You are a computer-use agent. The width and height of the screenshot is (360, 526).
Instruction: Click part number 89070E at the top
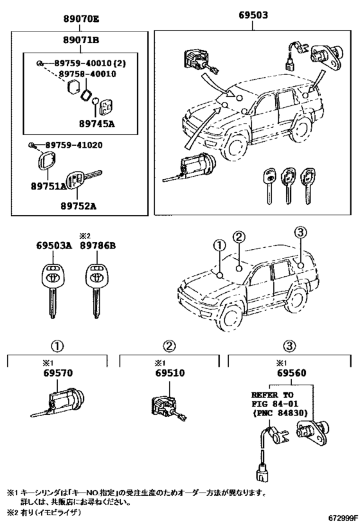[x=81, y=19]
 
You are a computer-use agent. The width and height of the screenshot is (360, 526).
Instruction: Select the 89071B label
[x=81, y=40]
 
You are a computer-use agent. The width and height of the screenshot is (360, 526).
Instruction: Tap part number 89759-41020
[x=74, y=145]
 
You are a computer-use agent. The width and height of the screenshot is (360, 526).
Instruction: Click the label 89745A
[x=96, y=124]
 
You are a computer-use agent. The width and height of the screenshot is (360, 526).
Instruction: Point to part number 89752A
[x=78, y=206]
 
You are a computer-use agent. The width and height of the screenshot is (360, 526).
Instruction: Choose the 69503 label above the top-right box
[x=253, y=15]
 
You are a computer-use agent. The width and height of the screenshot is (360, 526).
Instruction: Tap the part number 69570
[x=58, y=373]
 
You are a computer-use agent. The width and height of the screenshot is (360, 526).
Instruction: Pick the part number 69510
[x=170, y=373]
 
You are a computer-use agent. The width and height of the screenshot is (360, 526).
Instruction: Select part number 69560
[x=291, y=373]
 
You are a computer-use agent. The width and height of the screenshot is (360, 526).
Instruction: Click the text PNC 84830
[x=282, y=412]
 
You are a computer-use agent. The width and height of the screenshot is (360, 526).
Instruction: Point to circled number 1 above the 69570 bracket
[x=57, y=346]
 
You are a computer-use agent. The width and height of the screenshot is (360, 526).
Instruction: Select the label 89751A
[x=49, y=186]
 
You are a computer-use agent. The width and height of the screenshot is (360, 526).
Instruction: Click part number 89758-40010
[x=87, y=74]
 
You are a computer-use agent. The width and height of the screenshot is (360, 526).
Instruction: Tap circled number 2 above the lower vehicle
[x=239, y=237]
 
